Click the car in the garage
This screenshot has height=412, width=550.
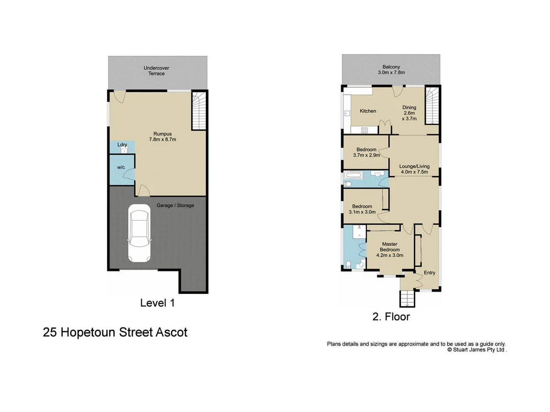pos(139,233)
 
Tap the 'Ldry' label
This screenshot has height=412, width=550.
pos(122,145)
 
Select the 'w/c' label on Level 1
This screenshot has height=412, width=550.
pos(121,168)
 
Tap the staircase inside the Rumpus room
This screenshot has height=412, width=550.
pos(198,111)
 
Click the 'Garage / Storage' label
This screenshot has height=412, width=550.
pos(175,206)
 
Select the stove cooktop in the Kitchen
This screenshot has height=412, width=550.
pos(365,130)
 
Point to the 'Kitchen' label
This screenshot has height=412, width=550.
pos(368,111)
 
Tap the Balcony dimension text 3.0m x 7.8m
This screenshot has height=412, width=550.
pos(391,72)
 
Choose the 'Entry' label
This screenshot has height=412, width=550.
pos(429,273)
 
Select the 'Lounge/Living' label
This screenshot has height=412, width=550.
pos(413,167)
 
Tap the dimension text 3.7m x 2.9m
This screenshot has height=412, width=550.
pos(367,155)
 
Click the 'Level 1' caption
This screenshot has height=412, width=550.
pos(157,303)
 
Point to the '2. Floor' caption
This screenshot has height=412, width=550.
pos(391,316)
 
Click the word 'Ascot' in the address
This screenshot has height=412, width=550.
pos(173,332)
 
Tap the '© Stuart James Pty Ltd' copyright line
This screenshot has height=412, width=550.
pos(477,350)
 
